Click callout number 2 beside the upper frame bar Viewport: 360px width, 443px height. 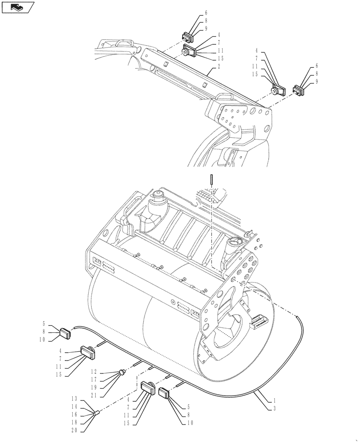(219, 67)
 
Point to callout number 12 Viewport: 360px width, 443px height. (93, 371)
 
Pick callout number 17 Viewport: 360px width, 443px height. (93, 379)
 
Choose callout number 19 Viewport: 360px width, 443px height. (93, 386)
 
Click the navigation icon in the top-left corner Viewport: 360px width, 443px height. (18, 7)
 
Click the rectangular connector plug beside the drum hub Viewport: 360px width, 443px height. (258, 323)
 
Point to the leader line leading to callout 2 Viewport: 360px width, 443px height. (208, 71)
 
